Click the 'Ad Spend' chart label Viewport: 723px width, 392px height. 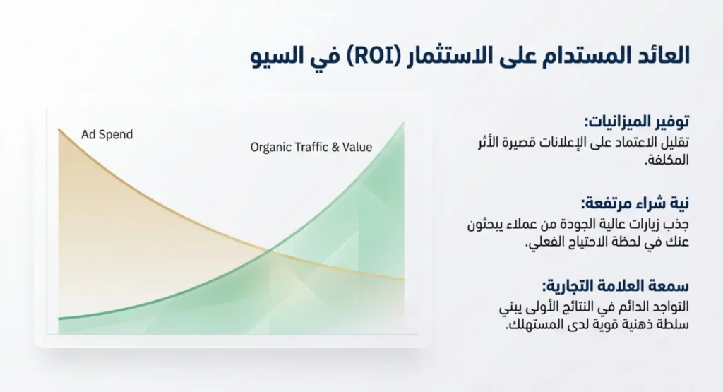pos(107,135)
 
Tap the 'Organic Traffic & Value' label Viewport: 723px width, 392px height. pos(311,147)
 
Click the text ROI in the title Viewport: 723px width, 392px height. pos(366,56)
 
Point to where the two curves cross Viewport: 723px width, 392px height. pos(269,251)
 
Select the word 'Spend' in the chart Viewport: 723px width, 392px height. pos(118,135)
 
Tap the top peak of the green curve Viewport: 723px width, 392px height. pos(403,123)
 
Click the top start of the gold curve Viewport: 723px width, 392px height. pos(59,129)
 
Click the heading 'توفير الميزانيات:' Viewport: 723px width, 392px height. pos(637,121)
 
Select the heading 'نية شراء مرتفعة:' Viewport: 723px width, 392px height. pos(635,203)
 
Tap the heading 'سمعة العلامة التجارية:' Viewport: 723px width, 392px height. pos(616,286)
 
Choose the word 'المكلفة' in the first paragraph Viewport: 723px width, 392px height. pos(667,160)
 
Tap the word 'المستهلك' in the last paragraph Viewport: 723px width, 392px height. pos(528,324)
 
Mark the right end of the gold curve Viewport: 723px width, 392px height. pos(403,279)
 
